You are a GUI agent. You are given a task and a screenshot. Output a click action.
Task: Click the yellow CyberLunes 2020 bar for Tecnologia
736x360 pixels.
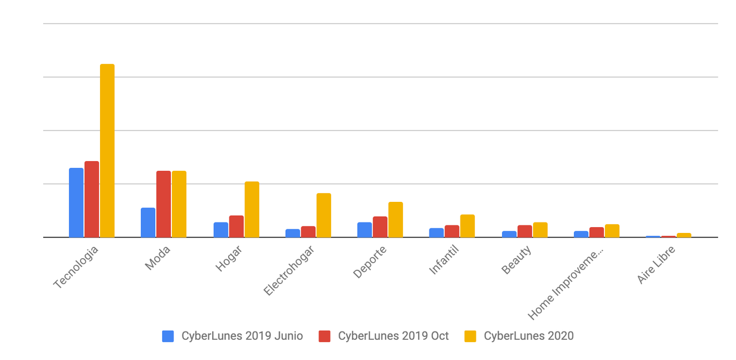[108, 151]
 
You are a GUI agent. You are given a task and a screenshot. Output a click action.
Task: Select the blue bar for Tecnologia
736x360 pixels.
[76, 202]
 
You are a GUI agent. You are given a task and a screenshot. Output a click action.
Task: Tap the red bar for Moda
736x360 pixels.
[163, 204]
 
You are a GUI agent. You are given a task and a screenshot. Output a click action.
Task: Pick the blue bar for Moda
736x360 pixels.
[148, 223]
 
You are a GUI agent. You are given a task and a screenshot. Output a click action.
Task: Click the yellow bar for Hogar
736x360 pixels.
[252, 209]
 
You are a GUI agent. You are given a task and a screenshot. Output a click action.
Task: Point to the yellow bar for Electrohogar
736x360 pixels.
[324, 215]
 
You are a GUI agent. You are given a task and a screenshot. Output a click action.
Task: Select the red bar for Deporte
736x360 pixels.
[380, 227]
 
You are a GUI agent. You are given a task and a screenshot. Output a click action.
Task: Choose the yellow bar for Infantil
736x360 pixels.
[467, 226]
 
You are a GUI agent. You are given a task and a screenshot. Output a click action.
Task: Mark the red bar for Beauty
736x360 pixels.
[524, 231]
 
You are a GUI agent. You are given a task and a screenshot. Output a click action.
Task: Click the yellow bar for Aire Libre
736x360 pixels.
[684, 235]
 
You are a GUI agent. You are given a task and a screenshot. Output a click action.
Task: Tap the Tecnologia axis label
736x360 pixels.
[76, 267]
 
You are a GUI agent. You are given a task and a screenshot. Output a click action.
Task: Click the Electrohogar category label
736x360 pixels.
[289, 270]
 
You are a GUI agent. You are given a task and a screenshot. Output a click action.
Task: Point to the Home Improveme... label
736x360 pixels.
[566, 283]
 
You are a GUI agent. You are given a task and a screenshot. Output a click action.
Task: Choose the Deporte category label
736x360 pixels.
[370, 262]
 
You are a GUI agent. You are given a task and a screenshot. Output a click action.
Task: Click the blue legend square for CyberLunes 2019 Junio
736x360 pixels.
[168, 336]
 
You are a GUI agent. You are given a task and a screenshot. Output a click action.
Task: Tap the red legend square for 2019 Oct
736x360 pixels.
[324, 336]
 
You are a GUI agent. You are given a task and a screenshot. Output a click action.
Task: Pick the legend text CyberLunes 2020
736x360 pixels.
[528, 336]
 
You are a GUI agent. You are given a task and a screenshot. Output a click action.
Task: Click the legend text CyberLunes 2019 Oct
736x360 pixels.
[393, 336]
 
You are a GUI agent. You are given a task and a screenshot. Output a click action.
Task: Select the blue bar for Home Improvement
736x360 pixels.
[581, 234]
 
